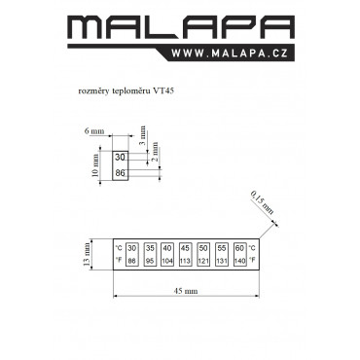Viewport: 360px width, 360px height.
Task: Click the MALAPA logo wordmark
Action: click(181, 27)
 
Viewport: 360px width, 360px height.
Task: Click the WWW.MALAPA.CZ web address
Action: click(230, 54)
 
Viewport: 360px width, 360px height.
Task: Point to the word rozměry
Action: click(93, 91)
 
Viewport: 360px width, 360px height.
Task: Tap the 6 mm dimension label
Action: click(94, 131)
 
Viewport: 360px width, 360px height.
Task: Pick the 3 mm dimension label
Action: click(143, 135)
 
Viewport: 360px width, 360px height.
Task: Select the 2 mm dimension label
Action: click(156, 152)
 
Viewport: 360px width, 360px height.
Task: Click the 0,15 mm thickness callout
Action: click(262, 203)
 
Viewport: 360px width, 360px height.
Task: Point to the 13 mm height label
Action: click(87, 254)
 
